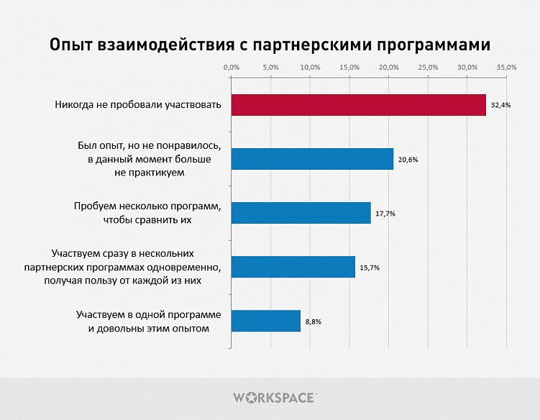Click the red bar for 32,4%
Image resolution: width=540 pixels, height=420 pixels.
[x=358, y=105]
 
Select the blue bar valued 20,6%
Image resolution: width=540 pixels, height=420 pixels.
[x=312, y=159]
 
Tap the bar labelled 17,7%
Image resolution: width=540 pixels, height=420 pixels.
[x=301, y=213]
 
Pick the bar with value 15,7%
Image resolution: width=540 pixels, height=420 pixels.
[x=293, y=267]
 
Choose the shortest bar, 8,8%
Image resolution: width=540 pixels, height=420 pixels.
[x=265, y=321]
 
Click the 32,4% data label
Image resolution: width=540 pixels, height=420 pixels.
[x=500, y=105]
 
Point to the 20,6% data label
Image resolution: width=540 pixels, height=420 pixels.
[x=408, y=159]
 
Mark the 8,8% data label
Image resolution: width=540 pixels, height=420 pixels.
[x=313, y=321]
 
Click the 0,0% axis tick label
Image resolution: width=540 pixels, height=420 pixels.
[x=231, y=67]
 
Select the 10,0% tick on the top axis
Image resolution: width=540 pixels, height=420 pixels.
[x=310, y=67]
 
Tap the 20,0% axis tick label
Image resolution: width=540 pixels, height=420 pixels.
[x=388, y=67]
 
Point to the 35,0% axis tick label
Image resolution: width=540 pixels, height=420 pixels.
[x=506, y=67]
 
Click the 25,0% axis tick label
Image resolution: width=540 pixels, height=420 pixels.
[x=428, y=67]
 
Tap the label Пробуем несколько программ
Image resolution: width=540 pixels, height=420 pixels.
[x=147, y=206]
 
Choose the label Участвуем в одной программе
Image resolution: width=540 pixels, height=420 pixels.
[x=148, y=315]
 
